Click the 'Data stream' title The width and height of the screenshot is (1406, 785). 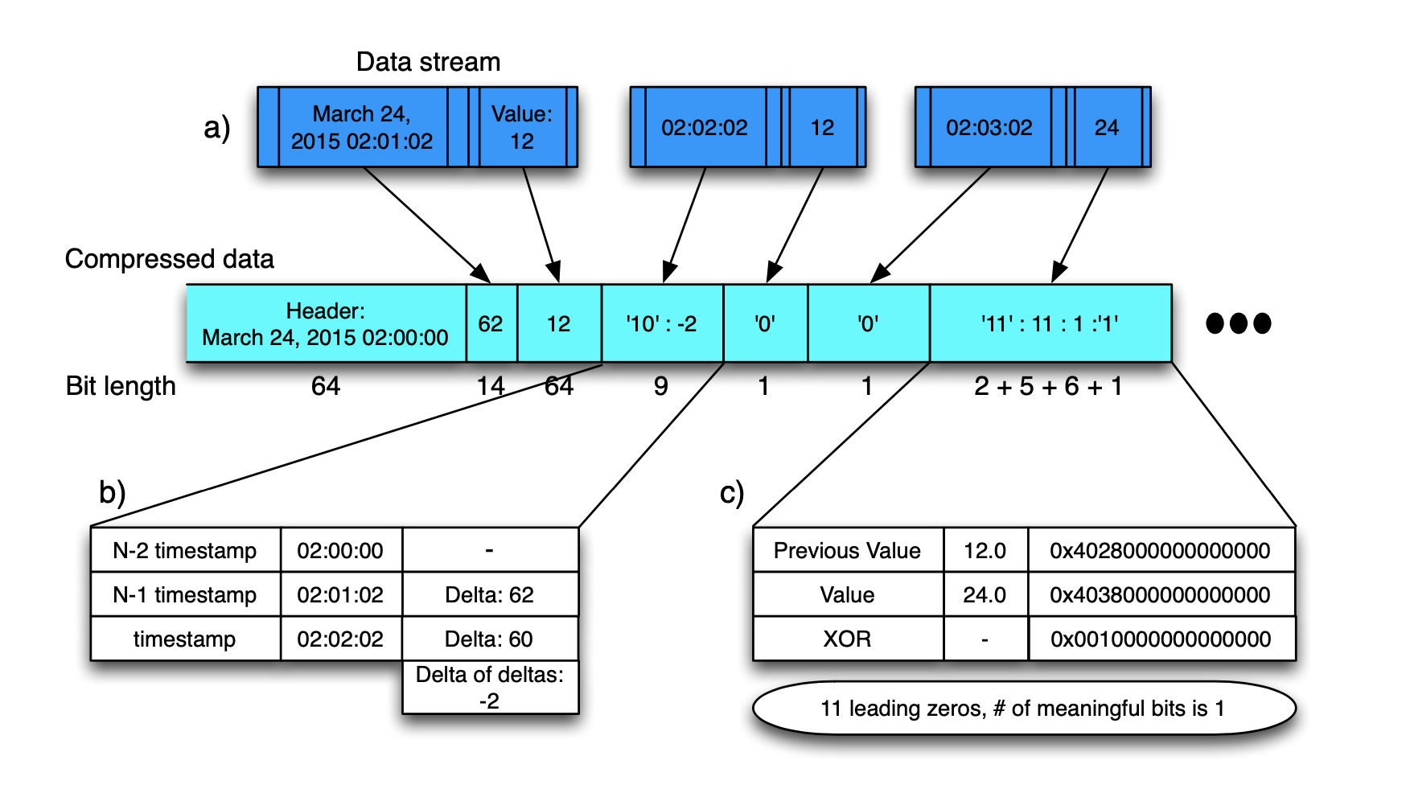tap(428, 62)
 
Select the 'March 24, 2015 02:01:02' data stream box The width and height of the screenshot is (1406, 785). tap(362, 127)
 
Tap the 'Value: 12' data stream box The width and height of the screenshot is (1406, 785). tap(522, 127)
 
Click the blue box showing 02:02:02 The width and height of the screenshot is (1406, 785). tap(705, 127)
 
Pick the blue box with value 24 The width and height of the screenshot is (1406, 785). tap(1107, 127)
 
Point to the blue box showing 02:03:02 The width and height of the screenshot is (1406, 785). tap(989, 127)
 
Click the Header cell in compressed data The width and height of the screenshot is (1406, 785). tap(326, 323)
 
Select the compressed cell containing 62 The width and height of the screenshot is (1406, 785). tap(491, 323)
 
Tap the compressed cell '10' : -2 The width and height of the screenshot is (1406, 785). tap(662, 323)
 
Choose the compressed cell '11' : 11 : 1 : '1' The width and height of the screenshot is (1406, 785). tap(1050, 323)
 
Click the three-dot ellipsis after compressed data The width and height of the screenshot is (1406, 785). tap(1239, 323)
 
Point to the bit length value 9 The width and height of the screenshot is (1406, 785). tap(660, 387)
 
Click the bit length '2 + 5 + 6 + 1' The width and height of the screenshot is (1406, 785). tap(1048, 387)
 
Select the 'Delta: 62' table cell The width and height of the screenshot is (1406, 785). tap(489, 594)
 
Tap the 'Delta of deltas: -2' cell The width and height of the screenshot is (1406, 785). tap(490, 688)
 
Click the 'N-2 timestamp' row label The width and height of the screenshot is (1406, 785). tap(185, 550)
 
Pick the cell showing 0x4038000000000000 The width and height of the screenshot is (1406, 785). tap(1160, 594)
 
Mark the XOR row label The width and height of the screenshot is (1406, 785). tap(847, 639)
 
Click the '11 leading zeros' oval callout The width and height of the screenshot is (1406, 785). tap(1023, 708)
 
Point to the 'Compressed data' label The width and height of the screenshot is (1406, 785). tap(170, 259)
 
